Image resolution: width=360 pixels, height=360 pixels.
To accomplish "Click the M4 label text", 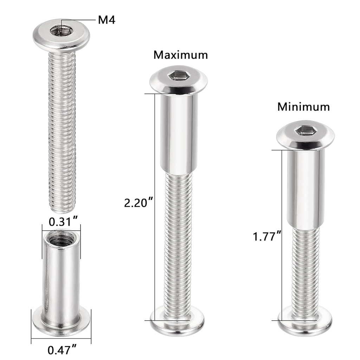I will (x=106, y=20).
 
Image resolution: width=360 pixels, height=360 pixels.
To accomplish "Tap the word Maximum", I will (x=180, y=55).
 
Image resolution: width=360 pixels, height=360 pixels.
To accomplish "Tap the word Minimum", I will (x=303, y=107).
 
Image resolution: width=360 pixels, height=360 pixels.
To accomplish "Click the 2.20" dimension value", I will (x=139, y=203).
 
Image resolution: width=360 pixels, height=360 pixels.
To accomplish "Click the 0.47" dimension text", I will (x=62, y=350).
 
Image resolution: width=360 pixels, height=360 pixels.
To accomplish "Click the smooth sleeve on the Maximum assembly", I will (x=178, y=134).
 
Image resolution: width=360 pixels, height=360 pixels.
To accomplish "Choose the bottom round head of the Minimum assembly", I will (x=305, y=324).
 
